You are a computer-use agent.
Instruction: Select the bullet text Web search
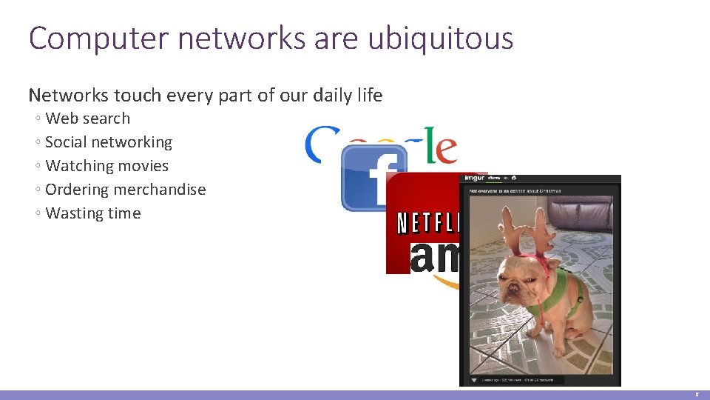click(x=87, y=119)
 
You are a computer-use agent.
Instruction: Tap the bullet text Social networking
click(x=108, y=142)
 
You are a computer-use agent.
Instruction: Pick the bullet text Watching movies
click(x=106, y=166)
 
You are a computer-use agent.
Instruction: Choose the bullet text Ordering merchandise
click(x=125, y=190)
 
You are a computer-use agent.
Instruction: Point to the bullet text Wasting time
click(x=92, y=213)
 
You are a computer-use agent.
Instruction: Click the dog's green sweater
click(x=566, y=293)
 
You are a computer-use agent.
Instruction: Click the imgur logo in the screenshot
click(x=473, y=179)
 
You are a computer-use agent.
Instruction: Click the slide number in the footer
click(x=697, y=395)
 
